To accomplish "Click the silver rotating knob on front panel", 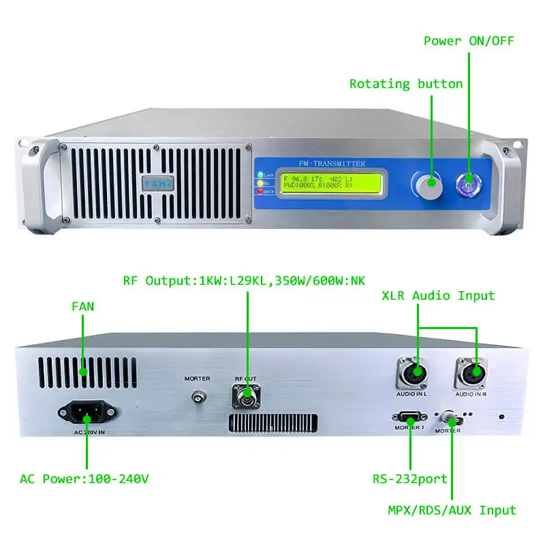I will pos(428,187).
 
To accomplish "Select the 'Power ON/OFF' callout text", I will pos(469,41).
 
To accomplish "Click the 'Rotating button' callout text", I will pos(406,84).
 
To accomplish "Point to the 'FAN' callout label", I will pos(82,307).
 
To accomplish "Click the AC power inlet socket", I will pos(87,411).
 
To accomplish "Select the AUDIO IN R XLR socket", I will pos(472,373).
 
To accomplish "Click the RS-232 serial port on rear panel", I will pos(409,416).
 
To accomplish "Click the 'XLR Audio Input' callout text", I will pos(437,296).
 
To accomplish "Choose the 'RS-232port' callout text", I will pos(410,479).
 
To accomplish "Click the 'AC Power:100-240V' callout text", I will pos(84,479).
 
